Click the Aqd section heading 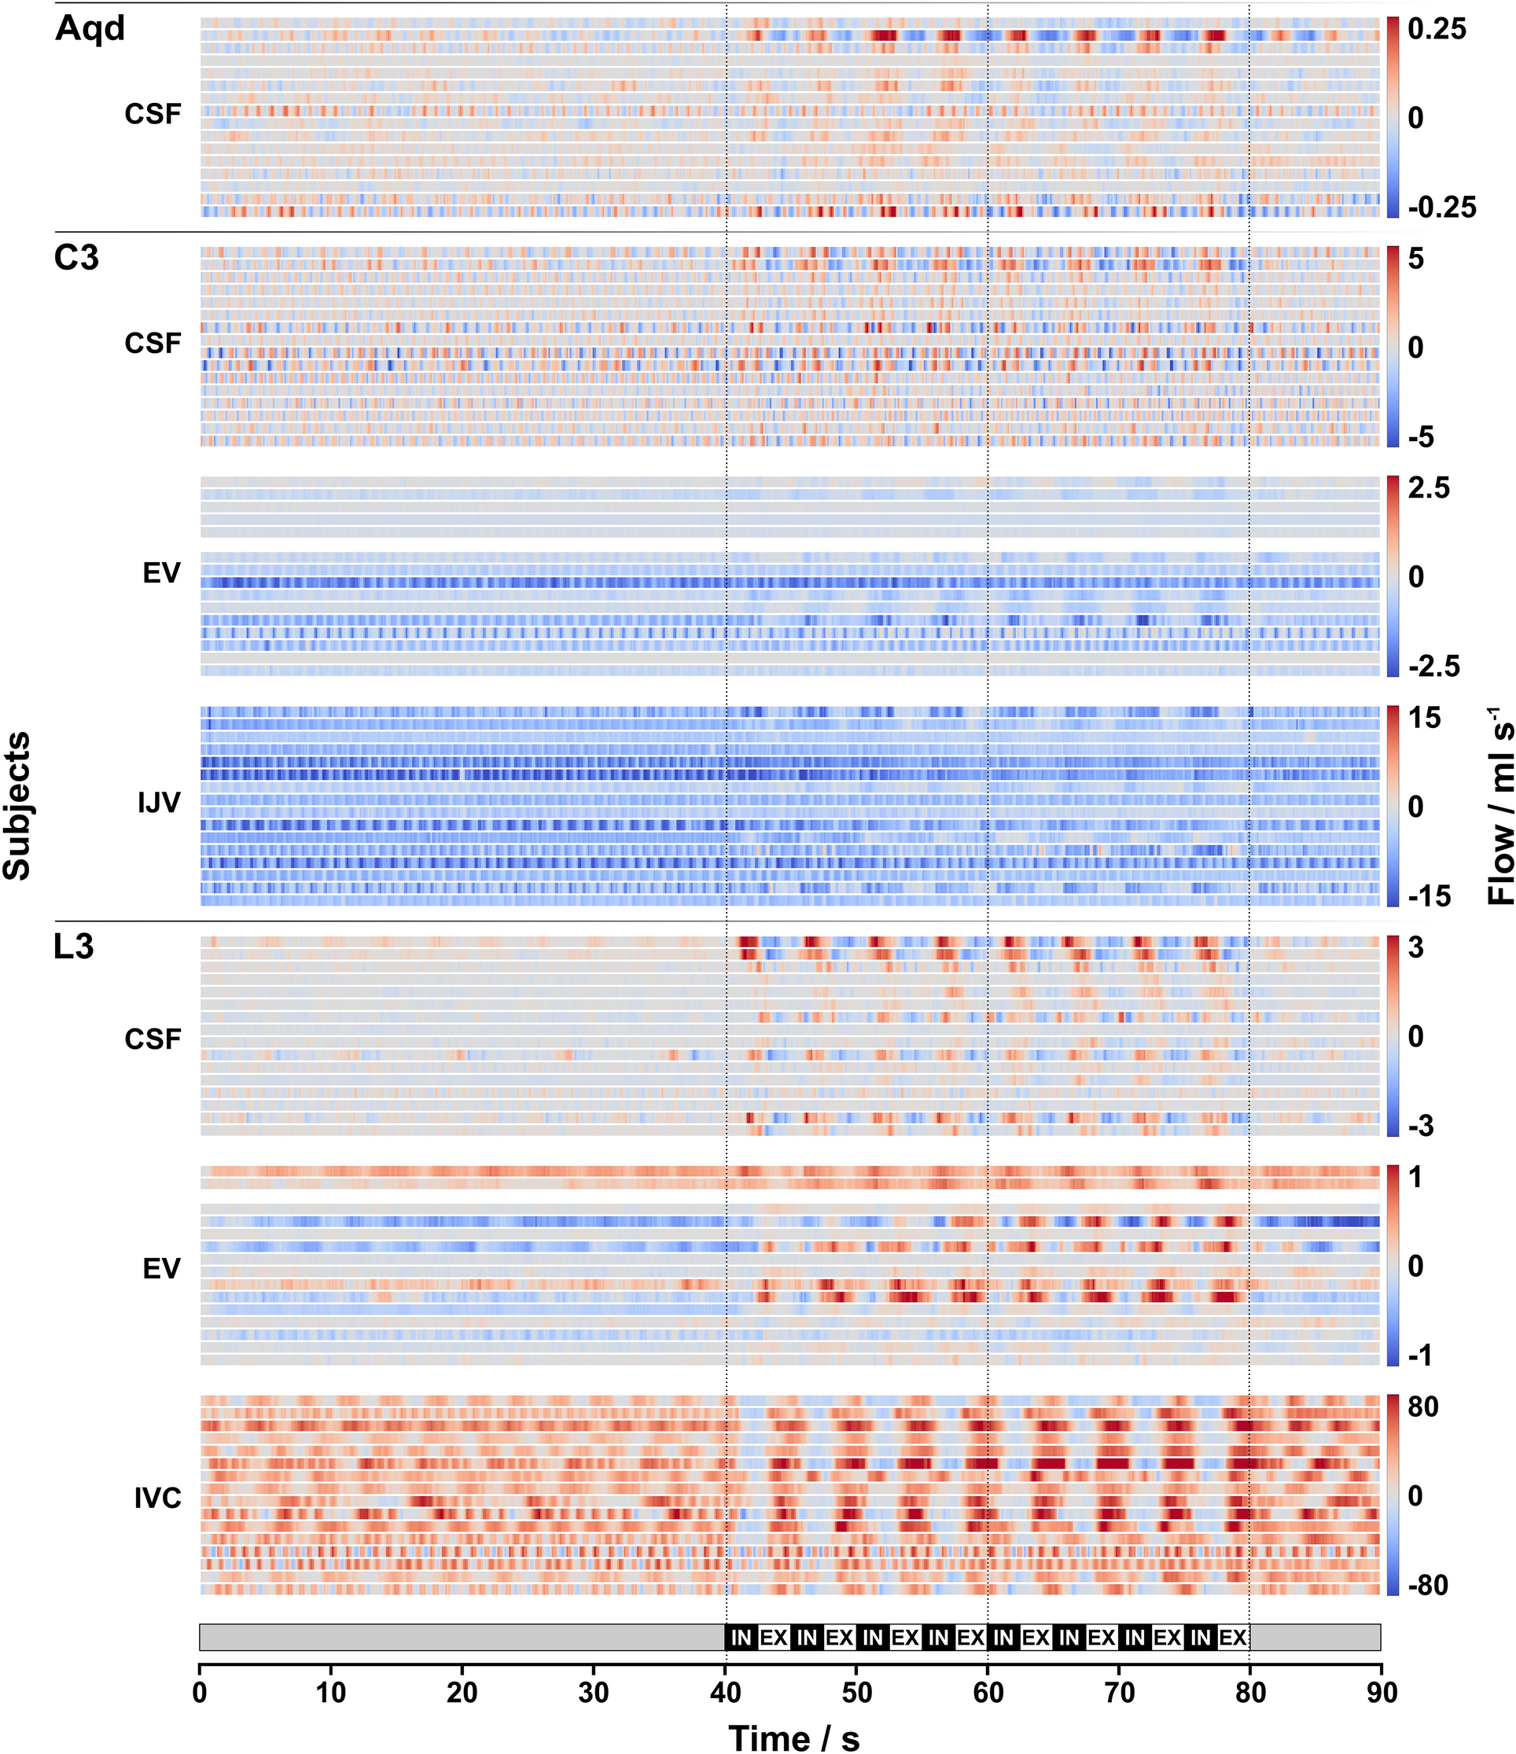tap(90, 29)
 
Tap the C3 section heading tap(76, 258)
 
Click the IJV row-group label tap(159, 803)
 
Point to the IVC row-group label tap(157, 1498)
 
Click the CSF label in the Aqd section tap(153, 113)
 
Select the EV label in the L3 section tap(161, 1268)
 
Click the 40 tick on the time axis tap(726, 1692)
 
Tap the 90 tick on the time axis tap(1381, 1692)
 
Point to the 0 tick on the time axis tap(200, 1692)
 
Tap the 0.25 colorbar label tap(1437, 30)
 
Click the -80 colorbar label tap(1428, 1585)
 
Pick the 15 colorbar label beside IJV tap(1424, 718)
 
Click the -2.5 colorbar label tap(1434, 666)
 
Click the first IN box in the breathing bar tap(741, 1637)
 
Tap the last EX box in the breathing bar tap(1232, 1637)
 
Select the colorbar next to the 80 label tap(1393, 1495)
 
